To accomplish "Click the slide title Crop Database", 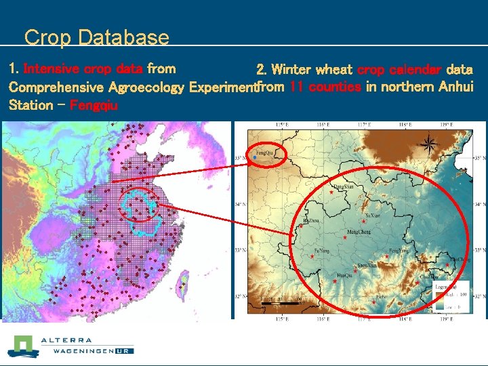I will (96, 37).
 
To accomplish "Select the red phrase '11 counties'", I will (325, 87).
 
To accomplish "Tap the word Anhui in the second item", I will (455, 87).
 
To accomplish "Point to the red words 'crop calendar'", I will (399, 69).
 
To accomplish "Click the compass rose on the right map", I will (428, 143).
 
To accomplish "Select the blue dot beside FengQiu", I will (254, 157).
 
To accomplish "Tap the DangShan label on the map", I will (343, 186).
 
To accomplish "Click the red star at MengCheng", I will (364, 222).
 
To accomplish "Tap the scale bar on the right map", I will (279, 303).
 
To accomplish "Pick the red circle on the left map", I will (140, 203).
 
